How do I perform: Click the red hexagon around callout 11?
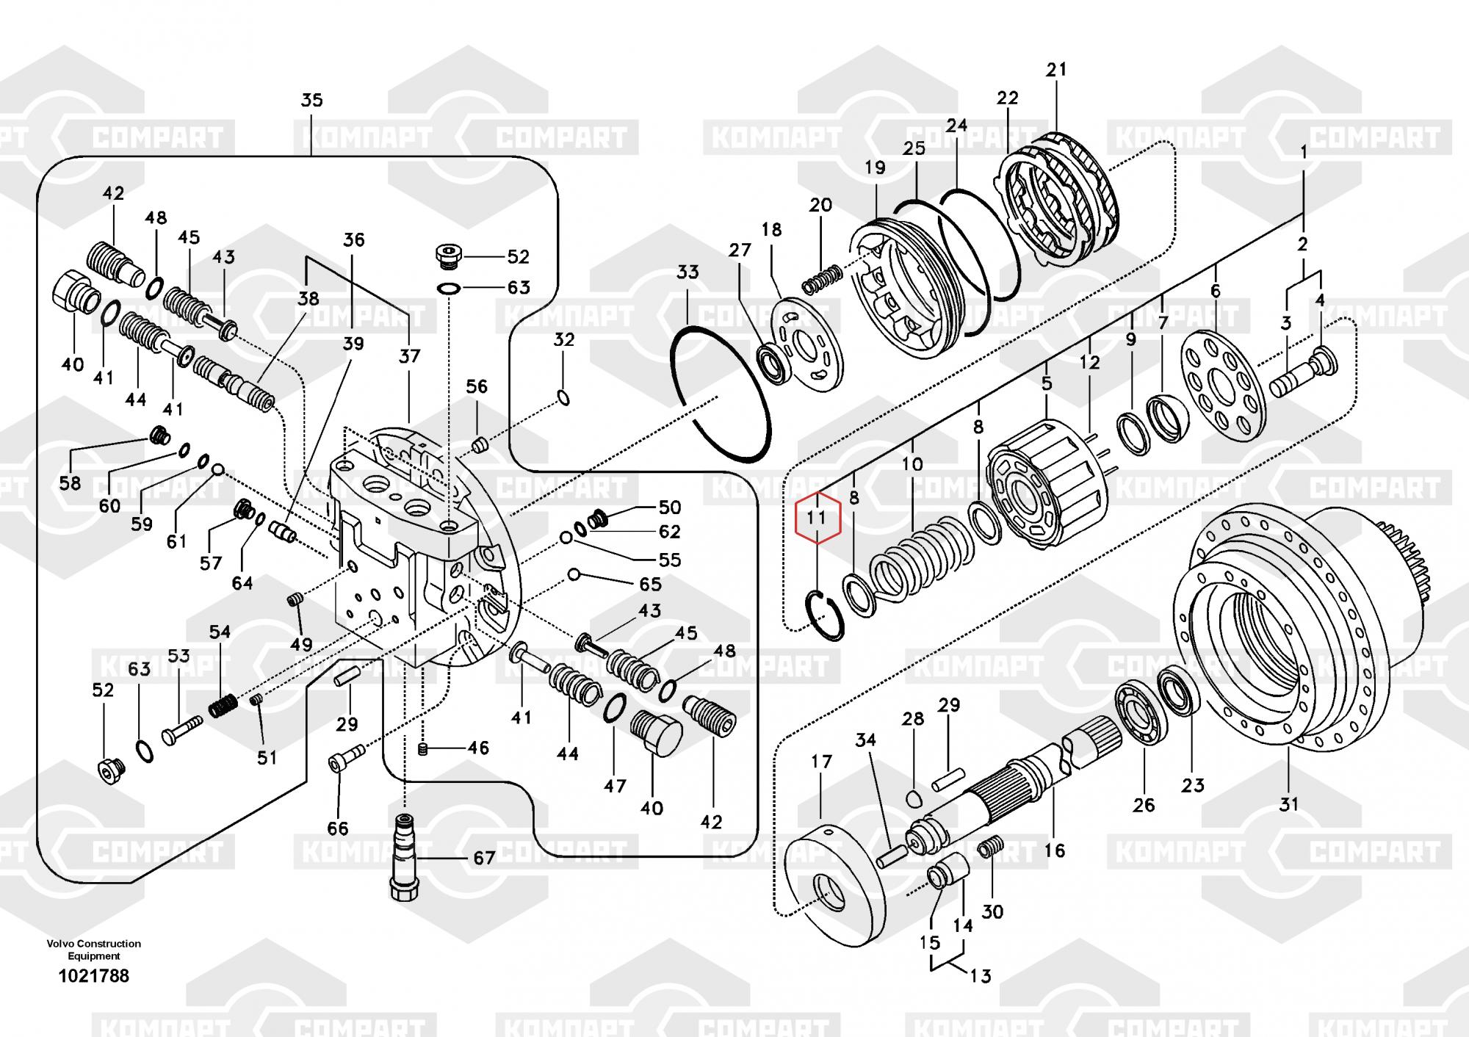pyautogui.click(x=817, y=518)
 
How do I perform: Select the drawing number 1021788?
pyautogui.click(x=93, y=976)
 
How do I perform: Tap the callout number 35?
pyautogui.click(x=311, y=100)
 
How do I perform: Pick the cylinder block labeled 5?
pyautogui.click(x=1047, y=485)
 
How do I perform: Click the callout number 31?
pyautogui.click(x=1289, y=804)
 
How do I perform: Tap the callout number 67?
pyautogui.click(x=484, y=858)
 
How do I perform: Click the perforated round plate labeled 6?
pyautogui.click(x=1223, y=386)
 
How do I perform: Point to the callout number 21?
pyautogui.click(x=1056, y=70)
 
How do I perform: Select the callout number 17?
pyautogui.click(x=821, y=762)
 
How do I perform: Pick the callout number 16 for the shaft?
pyautogui.click(x=1054, y=850)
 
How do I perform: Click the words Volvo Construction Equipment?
pyautogui.click(x=93, y=950)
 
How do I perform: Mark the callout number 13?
pyautogui.click(x=981, y=976)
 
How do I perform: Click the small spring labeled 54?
pyautogui.click(x=222, y=706)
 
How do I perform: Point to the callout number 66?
pyautogui.click(x=337, y=828)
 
